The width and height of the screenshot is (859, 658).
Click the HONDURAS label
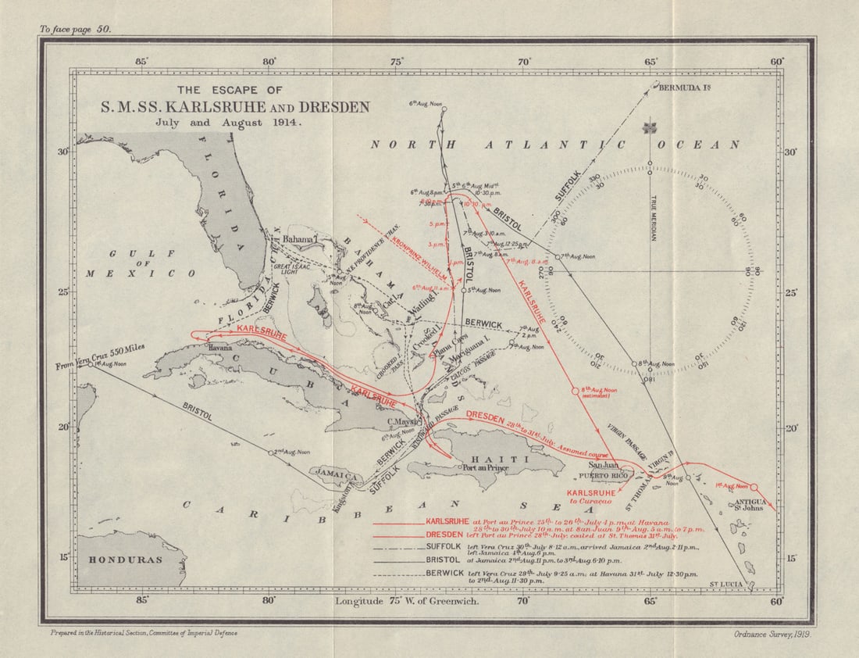125,560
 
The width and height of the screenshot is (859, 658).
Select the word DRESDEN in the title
331,107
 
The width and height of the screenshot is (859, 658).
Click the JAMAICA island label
337,474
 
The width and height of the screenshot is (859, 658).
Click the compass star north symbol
649,128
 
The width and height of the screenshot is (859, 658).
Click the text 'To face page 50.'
77,29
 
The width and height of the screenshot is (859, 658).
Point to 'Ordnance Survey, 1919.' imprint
772,634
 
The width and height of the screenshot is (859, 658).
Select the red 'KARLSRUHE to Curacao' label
591,498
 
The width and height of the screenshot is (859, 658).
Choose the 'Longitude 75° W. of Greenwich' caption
406,601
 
